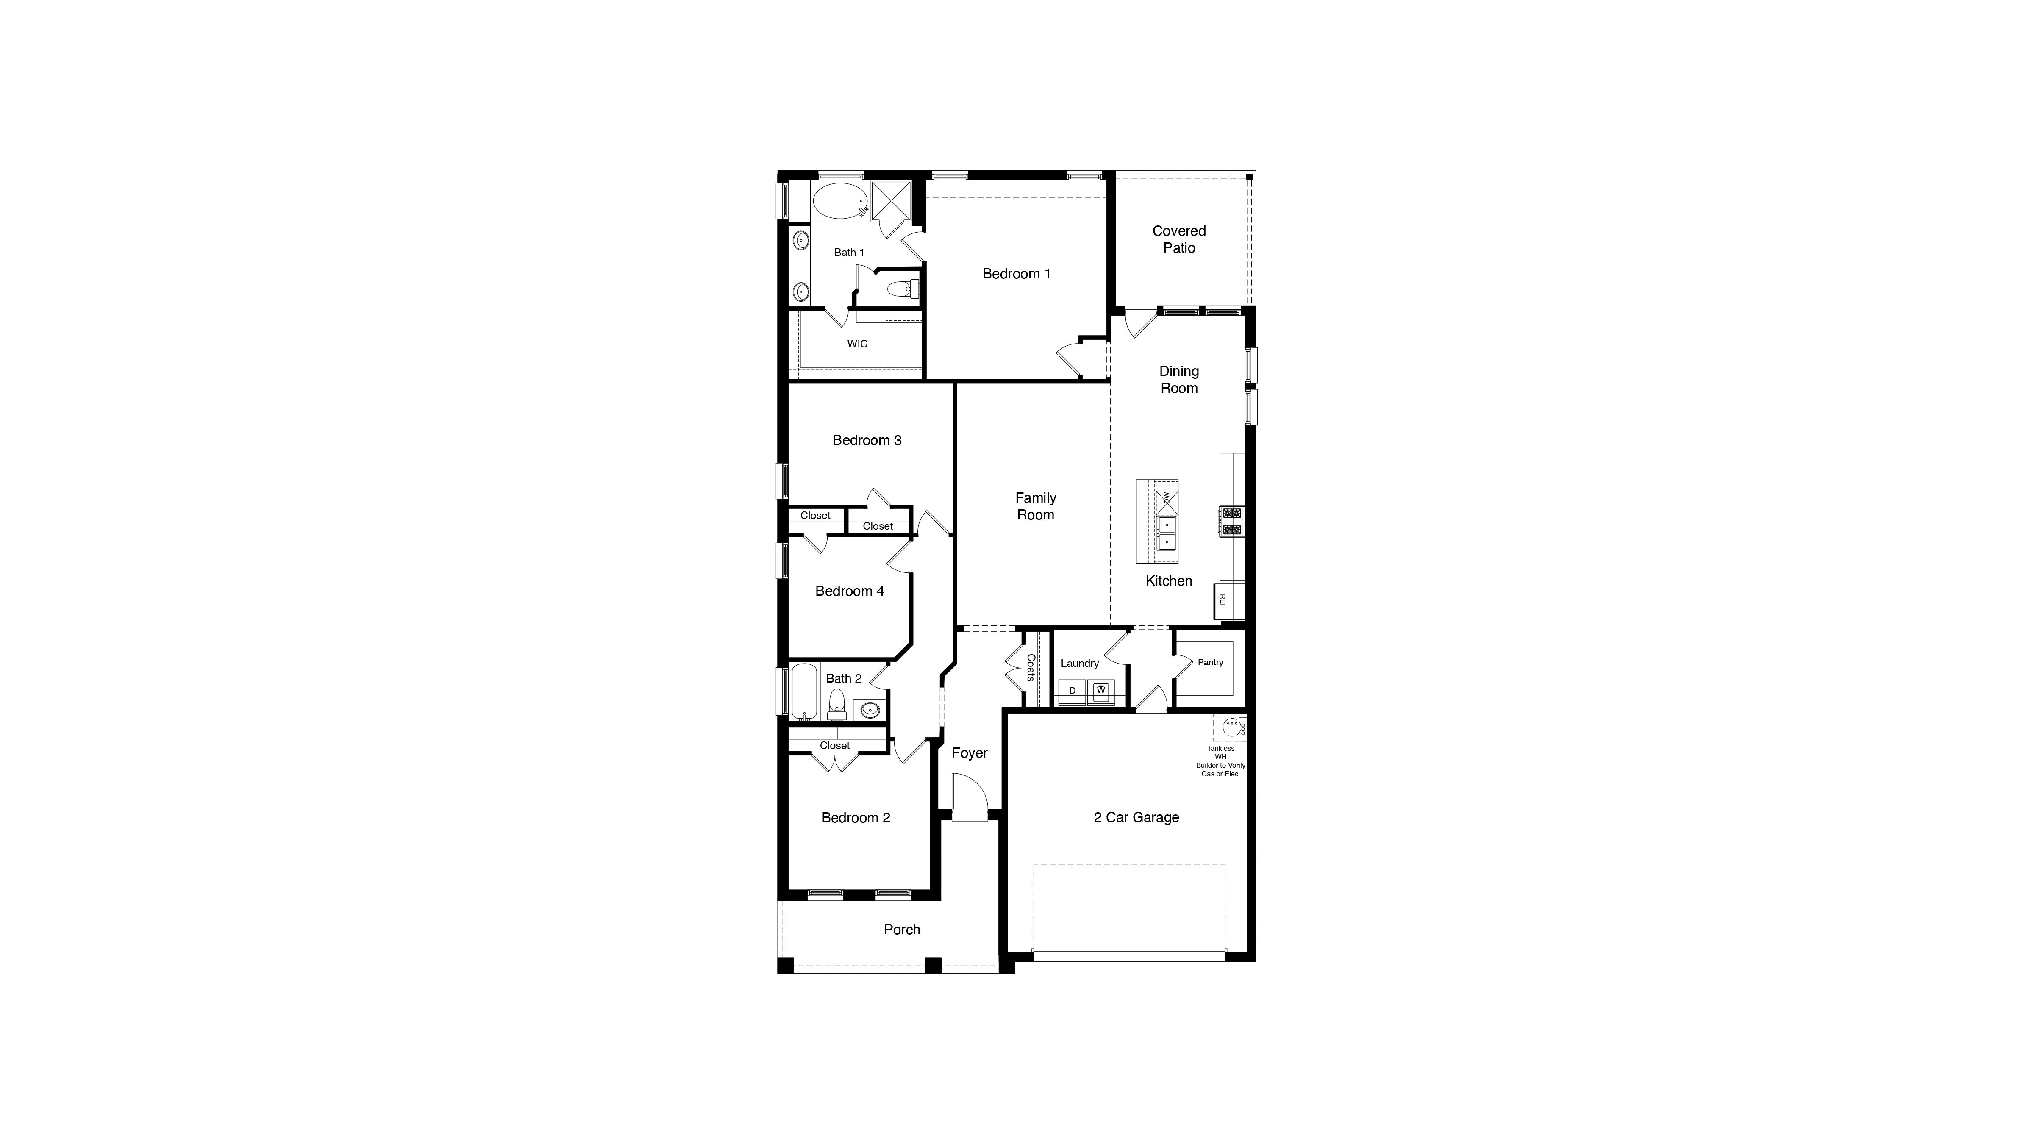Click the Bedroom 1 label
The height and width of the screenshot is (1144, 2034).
(x=1016, y=274)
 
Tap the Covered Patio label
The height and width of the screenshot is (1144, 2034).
(x=1179, y=239)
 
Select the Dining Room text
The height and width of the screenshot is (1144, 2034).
(x=1179, y=380)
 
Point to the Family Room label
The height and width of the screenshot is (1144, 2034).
(x=1035, y=506)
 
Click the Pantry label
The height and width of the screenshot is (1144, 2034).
(x=1211, y=662)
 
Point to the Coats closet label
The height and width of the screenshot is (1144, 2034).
(x=1031, y=668)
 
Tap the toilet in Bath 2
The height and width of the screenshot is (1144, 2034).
(x=837, y=704)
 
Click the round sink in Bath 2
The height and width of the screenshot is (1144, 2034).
(x=870, y=710)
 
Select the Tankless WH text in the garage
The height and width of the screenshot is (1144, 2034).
(x=1221, y=752)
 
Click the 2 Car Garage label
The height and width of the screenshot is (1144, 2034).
(x=1136, y=818)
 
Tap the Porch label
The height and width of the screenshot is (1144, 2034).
(x=902, y=930)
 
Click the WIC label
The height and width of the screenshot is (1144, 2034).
(x=858, y=344)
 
